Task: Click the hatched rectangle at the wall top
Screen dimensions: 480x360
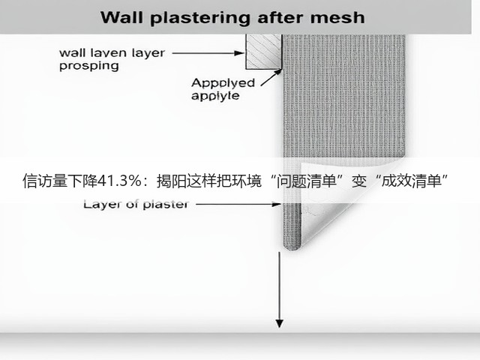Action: tap(264, 52)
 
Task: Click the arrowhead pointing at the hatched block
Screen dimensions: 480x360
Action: tap(239, 53)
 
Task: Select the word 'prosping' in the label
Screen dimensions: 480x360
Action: tap(89, 67)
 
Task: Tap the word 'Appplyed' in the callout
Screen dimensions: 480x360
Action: tap(223, 83)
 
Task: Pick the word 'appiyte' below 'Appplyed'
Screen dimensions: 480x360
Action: tap(215, 96)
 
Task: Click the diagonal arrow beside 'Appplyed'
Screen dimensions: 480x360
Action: tap(271, 78)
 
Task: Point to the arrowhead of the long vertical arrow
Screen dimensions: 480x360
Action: tap(279, 323)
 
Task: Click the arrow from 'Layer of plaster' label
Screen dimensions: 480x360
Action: tap(238, 204)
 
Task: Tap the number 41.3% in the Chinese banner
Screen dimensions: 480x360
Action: tap(120, 181)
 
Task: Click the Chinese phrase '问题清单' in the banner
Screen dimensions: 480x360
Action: tap(307, 181)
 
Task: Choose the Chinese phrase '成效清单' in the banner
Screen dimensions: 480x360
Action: tap(411, 181)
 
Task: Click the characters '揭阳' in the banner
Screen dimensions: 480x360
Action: tap(172, 181)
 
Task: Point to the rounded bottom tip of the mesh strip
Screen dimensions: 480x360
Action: tap(292, 247)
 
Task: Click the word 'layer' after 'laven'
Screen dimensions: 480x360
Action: tap(148, 53)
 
